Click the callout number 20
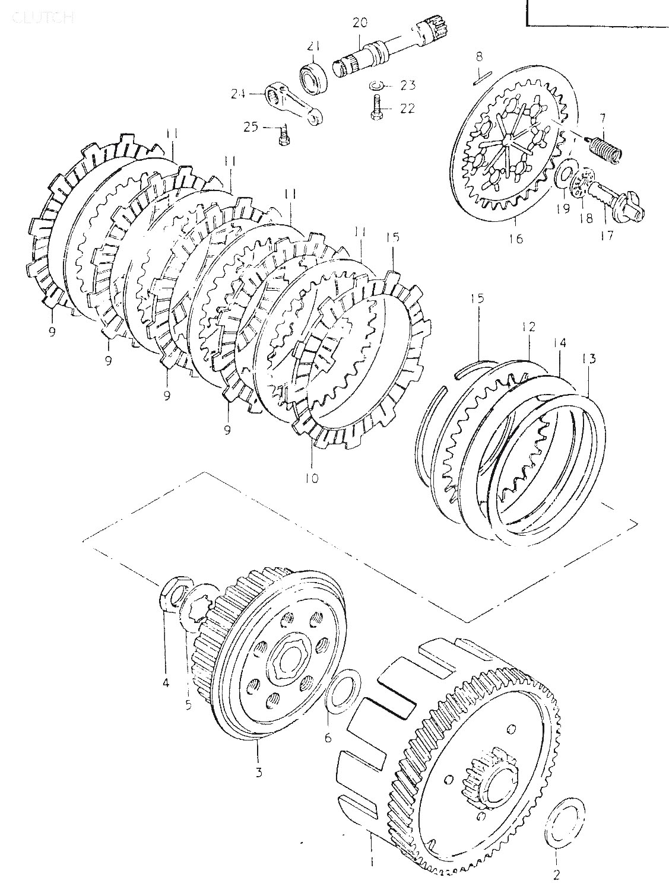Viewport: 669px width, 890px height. coord(360,23)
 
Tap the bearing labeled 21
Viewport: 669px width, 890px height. coord(315,76)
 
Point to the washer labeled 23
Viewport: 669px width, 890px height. coord(375,85)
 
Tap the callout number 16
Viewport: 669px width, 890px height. coord(515,239)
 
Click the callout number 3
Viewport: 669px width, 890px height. coord(259,772)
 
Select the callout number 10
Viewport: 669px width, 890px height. coord(312,477)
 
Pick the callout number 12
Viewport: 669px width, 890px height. coord(529,326)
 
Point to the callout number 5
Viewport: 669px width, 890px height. coord(189,707)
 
